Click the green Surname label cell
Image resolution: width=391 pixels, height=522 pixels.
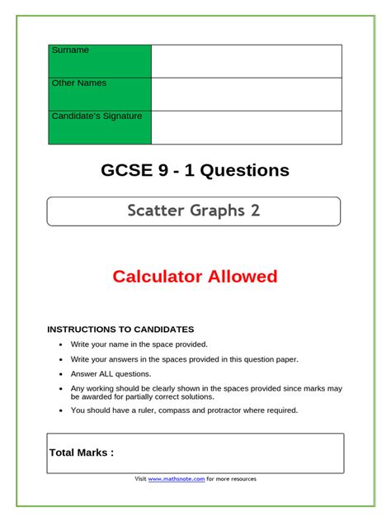pos(100,61)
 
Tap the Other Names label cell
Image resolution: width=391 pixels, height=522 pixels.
pos(100,94)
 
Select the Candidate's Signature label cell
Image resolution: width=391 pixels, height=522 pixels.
pos(100,127)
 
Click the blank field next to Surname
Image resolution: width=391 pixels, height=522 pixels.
pos(247,61)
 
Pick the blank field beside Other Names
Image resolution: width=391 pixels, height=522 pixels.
pos(247,94)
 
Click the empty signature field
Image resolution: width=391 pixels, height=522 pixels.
pos(247,127)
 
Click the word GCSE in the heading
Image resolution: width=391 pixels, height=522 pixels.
pos(129,171)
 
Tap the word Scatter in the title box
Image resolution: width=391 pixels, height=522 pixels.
pos(156,211)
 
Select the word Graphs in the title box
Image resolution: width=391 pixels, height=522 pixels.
pos(218,211)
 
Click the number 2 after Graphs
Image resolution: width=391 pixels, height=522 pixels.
pos(255,211)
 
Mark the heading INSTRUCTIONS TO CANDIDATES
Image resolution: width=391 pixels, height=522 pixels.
pos(120,329)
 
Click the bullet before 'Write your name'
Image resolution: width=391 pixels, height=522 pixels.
pos(61,344)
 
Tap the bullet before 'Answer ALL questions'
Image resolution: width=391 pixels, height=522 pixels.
pos(61,374)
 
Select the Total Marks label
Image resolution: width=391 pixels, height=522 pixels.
pos(82,453)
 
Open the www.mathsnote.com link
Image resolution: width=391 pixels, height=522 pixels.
pos(176,479)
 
